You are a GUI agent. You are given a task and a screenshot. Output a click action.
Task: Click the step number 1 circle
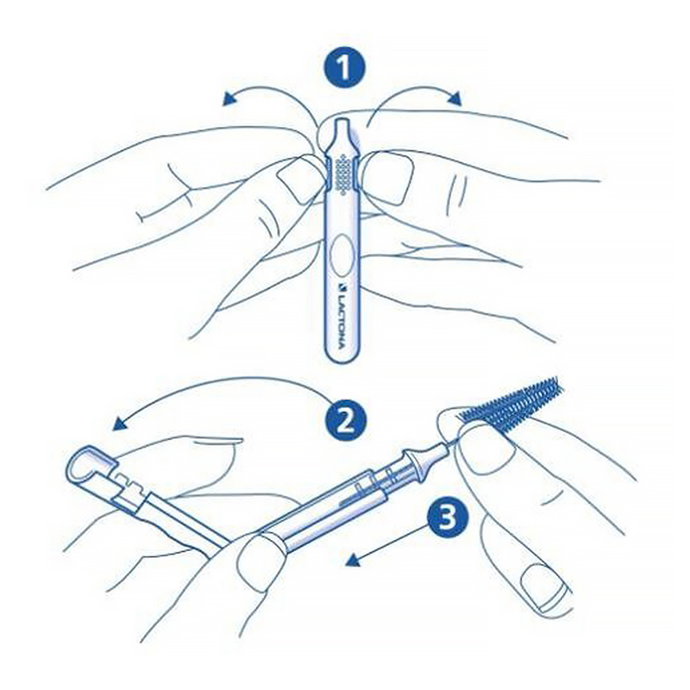tap(344, 68)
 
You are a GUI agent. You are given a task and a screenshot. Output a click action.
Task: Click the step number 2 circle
tap(346, 420)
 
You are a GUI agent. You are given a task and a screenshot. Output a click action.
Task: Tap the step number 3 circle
tap(446, 517)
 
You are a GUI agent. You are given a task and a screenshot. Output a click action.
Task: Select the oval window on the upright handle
tap(342, 254)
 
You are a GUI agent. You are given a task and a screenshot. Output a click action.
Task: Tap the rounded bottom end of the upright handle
tap(342, 355)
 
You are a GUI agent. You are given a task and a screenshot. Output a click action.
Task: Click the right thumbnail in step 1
tap(388, 178)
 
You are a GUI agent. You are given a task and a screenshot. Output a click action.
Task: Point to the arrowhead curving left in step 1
tap(229, 100)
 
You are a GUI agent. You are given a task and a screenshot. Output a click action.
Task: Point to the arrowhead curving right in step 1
tap(455, 98)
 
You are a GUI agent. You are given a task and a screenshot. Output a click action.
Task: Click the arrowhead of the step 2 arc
tap(120, 423)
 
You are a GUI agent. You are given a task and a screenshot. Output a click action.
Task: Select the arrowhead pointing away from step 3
tap(354, 560)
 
